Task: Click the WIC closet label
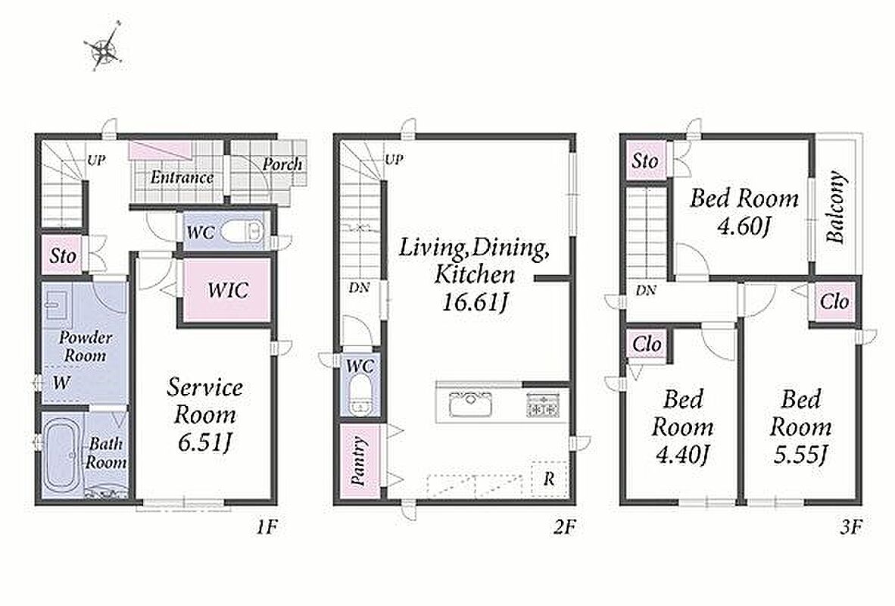[227, 290]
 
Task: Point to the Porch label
[282, 164]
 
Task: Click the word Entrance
[182, 177]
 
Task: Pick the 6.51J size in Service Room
[204, 442]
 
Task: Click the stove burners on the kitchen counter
[544, 403]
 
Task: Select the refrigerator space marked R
[549, 478]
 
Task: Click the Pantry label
[358, 461]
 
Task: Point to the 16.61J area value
[474, 301]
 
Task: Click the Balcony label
[835, 207]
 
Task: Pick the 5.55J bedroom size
[800, 454]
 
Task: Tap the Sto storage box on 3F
[645, 161]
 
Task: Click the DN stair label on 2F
[360, 288]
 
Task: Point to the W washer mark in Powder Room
[61, 382]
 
